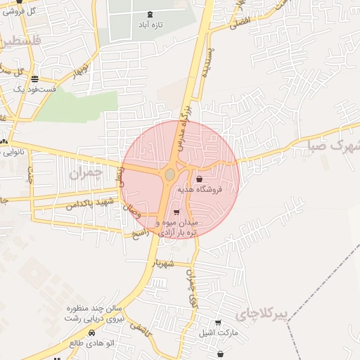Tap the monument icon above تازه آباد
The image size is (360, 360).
(150, 14)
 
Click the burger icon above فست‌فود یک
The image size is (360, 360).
(35, 79)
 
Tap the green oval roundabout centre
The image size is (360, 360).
(169, 174)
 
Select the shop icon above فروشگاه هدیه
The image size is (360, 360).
(200, 179)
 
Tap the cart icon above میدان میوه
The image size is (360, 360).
(176, 212)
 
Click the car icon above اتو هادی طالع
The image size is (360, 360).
(91, 333)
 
